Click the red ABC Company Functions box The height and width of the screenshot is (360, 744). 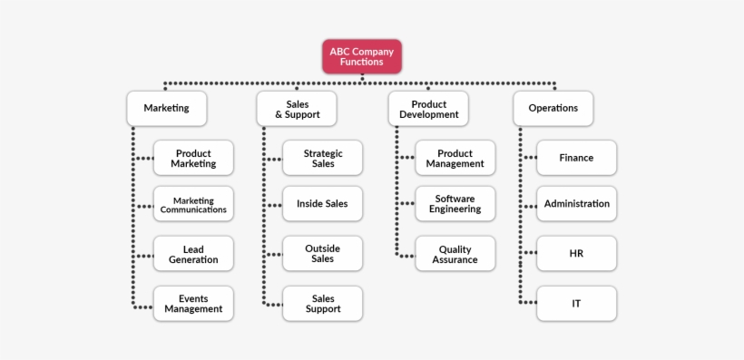(362, 56)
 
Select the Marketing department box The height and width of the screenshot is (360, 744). (166, 108)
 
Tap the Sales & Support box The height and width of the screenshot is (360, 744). (296, 108)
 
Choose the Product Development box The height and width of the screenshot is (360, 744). (429, 108)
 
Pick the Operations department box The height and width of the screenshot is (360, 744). (553, 108)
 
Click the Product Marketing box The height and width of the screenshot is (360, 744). (193, 158)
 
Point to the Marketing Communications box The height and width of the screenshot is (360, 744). (193, 204)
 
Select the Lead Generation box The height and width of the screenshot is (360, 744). (193, 254)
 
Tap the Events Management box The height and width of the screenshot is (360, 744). (193, 303)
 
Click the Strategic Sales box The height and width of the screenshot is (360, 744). (323, 158)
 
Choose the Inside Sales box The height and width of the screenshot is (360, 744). (323, 204)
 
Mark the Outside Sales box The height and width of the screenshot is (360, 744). (323, 254)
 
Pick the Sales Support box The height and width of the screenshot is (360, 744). (323, 303)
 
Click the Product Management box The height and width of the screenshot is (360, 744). (455, 158)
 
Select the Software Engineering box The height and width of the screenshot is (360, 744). (455, 204)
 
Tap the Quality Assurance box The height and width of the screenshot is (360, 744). (455, 254)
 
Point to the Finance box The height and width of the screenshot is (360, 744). (576, 158)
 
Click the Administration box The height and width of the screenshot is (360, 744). (576, 204)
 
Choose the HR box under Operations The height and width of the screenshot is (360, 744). (576, 254)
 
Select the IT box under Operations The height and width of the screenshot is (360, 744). (576, 303)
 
